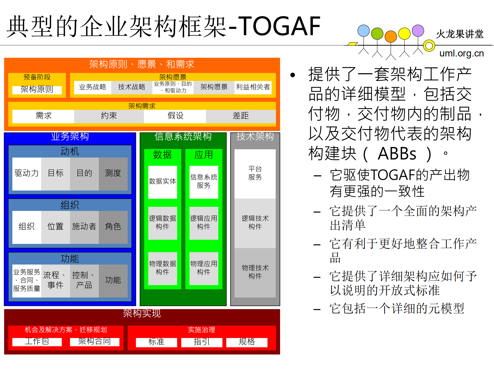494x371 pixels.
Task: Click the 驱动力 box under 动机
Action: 27,174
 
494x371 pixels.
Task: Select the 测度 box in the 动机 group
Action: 113,174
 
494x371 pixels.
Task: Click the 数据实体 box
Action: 162,182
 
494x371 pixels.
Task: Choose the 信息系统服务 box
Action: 204,182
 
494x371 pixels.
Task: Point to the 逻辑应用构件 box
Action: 204,223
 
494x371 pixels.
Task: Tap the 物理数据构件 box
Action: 162,268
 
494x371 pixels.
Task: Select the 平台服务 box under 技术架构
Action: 255,174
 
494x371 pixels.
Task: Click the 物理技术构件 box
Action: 255,272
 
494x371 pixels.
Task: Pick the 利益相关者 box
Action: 253,87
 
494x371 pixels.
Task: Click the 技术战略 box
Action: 132,87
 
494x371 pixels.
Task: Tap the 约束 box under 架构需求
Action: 109,116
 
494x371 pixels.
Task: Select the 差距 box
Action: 241,116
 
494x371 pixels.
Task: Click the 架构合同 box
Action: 94,342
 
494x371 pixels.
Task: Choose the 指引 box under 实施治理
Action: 202,342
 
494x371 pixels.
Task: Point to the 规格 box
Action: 247,342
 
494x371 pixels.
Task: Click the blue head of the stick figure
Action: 363,31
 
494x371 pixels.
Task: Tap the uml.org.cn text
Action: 461,53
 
